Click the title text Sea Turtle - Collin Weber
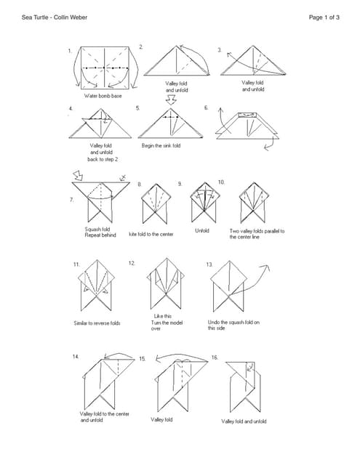[x=55, y=17]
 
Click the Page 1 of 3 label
[x=324, y=17]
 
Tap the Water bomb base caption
[x=103, y=96]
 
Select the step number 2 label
[x=141, y=46]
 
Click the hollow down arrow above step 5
[x=171, y=100]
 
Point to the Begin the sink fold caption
[x=161, y=145]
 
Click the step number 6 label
[x=207, y=108]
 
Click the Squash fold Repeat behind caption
[x=100, y=232]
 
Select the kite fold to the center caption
[x=151, y=234]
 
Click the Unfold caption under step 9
[x=202, y=231]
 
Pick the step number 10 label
[x=221, y=182]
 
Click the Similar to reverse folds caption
[x=97, y=323]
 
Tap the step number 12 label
[x=132, y=263]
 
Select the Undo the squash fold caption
[x=233, y=325]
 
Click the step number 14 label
[x=76, y=357]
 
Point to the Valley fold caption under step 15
[x=161, y=420]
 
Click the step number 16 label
[x=215, y=357]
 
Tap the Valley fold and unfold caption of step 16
[x=244, y=421]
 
